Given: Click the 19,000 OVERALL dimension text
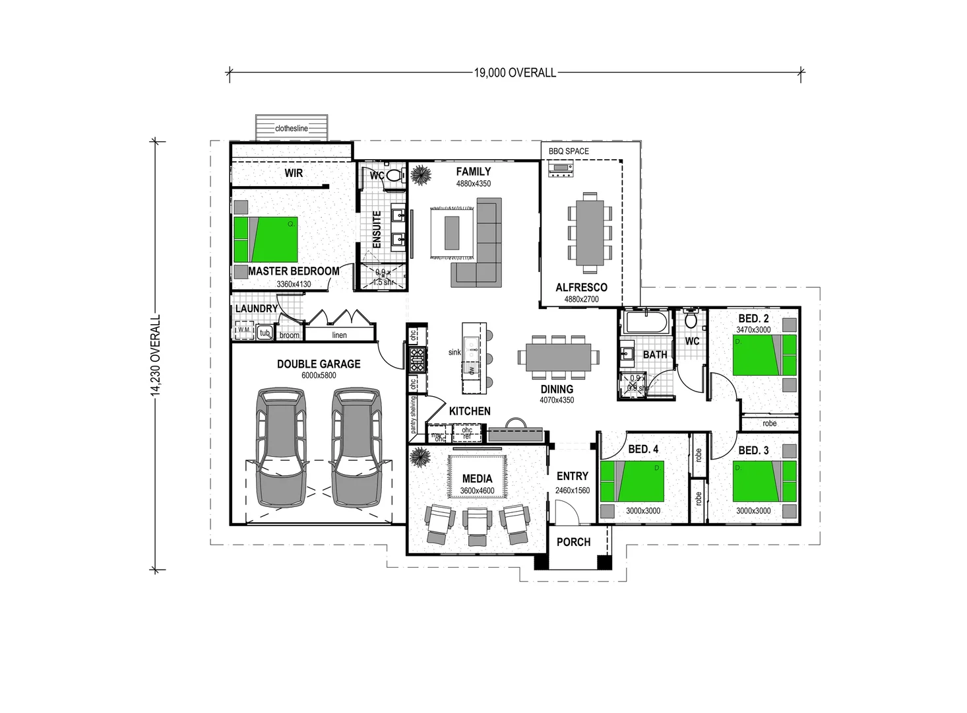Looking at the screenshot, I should (x=515, y=73).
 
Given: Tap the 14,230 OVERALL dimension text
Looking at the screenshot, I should (x=156, y=355).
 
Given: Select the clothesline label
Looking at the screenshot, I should (x=292, y=129).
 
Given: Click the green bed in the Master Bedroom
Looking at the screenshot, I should (x=265, y=240).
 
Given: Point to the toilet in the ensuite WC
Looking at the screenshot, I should (x=394, y=176).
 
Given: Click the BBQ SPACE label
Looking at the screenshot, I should (x=569, y=151).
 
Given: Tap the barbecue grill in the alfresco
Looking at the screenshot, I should (x=561, y=170).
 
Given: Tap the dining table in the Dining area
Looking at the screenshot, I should (x=559, y=358).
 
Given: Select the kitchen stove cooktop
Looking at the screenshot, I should (x=417, y=361).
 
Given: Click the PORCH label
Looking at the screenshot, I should (x=573, y=542).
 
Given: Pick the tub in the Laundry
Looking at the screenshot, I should (x=265, y=333).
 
